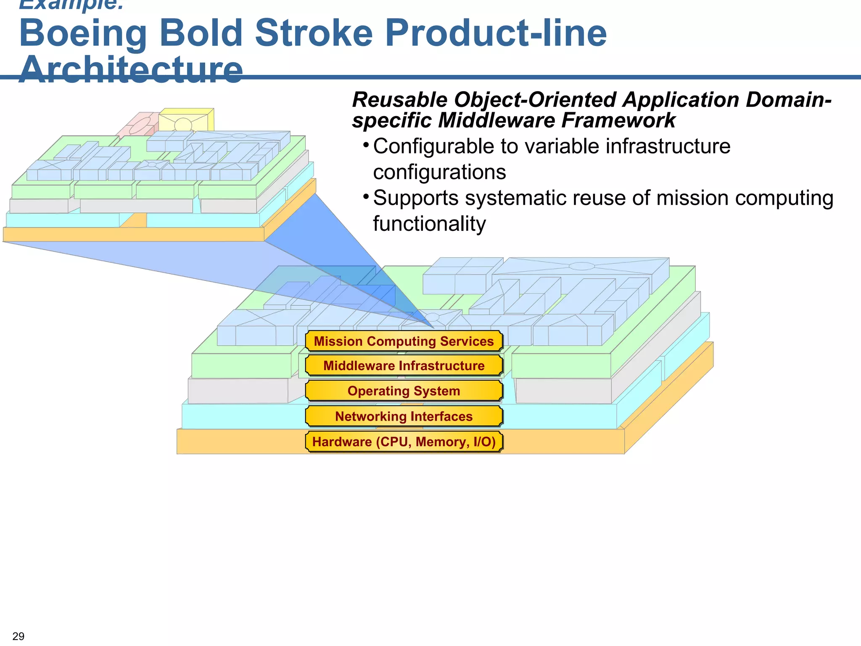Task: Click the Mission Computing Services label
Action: (x=404, y=341)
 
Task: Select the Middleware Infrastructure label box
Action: (x=404, y=365)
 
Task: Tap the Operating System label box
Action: (x=404, y=391)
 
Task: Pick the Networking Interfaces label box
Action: (x=404, y=416)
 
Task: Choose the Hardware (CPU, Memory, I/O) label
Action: (x=404, y=442)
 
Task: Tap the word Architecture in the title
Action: (x=131, y=70)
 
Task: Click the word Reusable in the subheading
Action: (x=400, y=100)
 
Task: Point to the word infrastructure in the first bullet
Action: (x=668, y=147)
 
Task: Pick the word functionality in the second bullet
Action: (x=429, y=224)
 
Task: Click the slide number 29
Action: (x=18, y=636)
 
